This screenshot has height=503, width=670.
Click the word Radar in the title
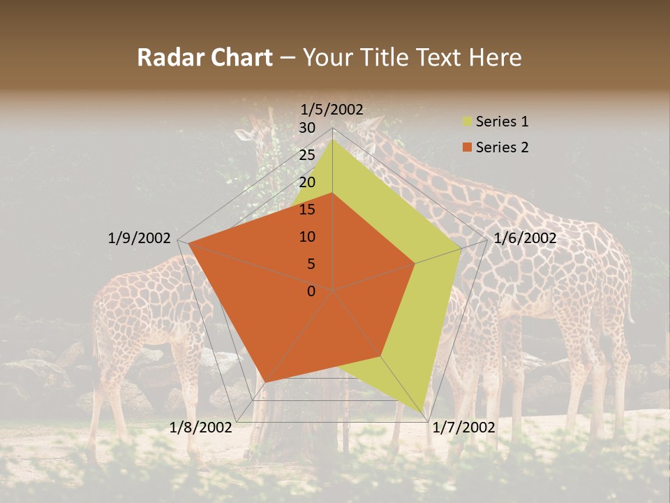click(164, 58)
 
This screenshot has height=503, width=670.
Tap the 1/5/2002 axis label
click(332, 109)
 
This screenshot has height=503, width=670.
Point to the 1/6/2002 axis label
click(525, 238)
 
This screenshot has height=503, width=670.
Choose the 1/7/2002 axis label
click(463, 427)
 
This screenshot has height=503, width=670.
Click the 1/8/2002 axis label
click(201, 427)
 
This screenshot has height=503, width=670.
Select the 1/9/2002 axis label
click(139, 238)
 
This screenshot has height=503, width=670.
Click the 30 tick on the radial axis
click(307, 128)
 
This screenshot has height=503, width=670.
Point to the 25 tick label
click(307, 155)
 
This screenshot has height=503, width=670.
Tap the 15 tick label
click(307, 210)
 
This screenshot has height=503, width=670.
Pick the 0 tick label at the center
click(311, 291)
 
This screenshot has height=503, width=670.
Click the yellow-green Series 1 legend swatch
click(466, 122)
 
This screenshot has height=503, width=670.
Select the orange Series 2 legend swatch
click(466, 147)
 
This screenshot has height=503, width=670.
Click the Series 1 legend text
click(502, 122)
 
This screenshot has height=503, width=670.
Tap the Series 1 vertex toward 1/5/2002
click(332, 139)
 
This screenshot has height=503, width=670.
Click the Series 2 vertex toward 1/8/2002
click(265, 382)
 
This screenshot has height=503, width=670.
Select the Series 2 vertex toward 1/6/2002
click(415, 263)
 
